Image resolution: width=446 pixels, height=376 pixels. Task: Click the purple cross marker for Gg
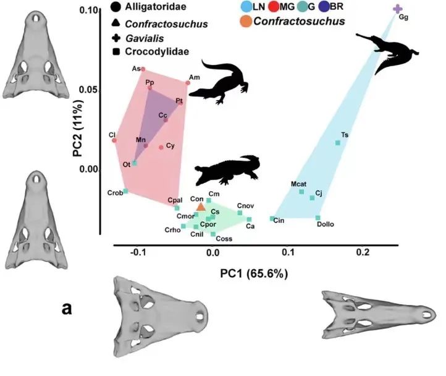pos(397,9)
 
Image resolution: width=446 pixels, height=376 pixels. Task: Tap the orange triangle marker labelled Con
pos(200,207)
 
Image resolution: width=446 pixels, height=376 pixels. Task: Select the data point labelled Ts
pos(338,143)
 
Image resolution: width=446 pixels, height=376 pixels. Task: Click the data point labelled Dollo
pos(318,218)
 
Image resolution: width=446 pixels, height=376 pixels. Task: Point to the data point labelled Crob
pos(125,191)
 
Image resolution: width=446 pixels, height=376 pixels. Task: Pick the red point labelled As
pos(143,69)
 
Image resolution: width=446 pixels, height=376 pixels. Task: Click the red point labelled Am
pos(188,83)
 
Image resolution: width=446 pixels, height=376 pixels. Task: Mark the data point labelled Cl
pos(115,140)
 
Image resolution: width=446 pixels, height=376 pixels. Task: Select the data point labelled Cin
pos(272,218)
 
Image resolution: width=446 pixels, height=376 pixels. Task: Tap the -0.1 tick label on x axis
pos(140,252)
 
